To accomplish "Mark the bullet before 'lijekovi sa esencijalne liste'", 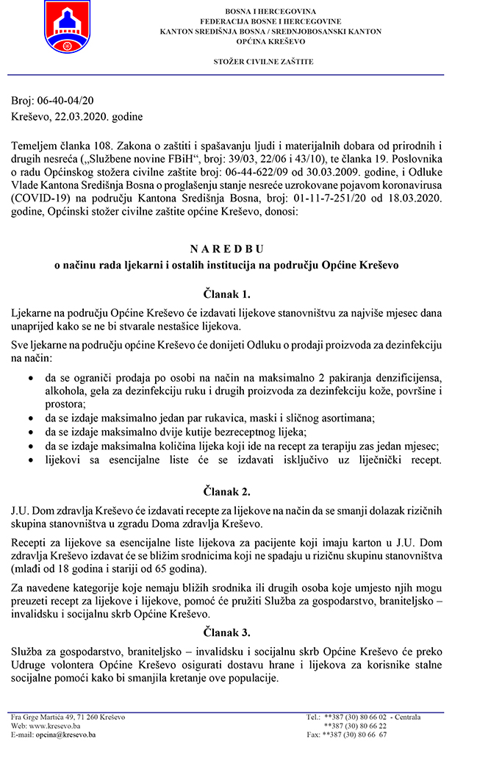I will [x=29, y=460].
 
